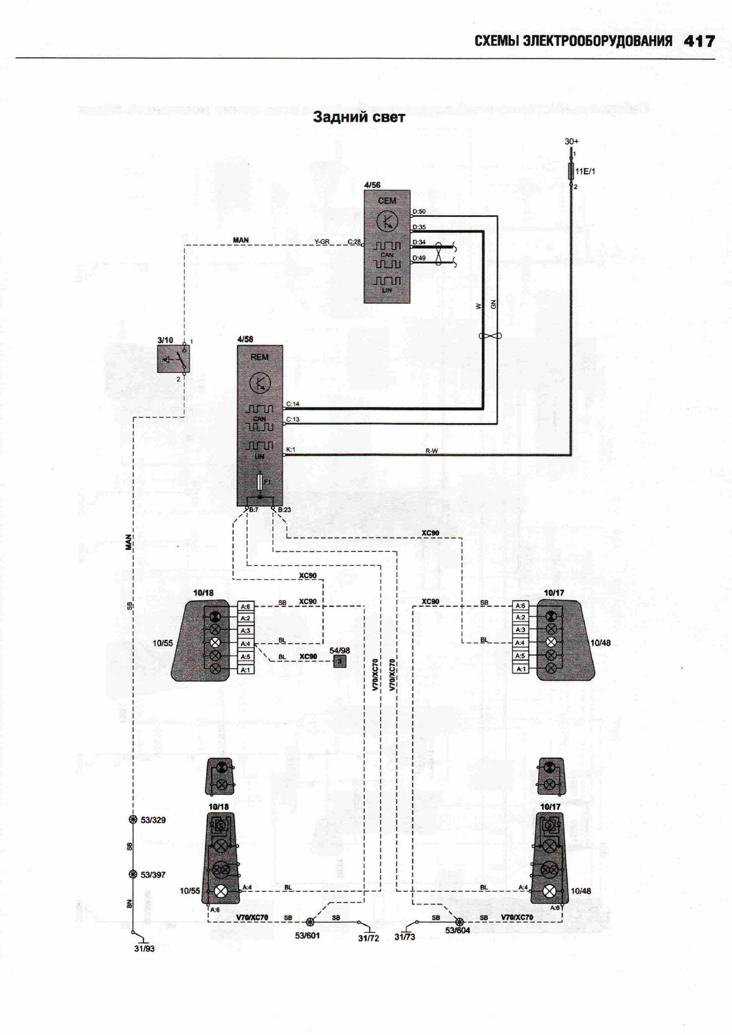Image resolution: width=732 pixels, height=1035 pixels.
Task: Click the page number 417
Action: click(699, 42)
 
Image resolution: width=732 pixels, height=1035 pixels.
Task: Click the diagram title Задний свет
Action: click(359, 117)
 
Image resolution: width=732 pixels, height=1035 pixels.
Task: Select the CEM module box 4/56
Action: click(387, 246)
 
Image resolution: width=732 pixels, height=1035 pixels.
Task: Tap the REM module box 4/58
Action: click(260, 426)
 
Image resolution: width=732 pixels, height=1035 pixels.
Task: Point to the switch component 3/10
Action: click(173, 359)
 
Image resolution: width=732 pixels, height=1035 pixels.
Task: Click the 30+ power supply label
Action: click(571, 142)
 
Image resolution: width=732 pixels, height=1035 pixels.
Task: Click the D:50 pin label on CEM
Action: click(419, 212)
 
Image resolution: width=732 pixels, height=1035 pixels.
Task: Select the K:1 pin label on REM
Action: click(291, 450)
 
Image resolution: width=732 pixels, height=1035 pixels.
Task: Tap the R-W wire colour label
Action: click(431, 450)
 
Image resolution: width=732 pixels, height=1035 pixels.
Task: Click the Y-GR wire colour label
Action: click(322, 242)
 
